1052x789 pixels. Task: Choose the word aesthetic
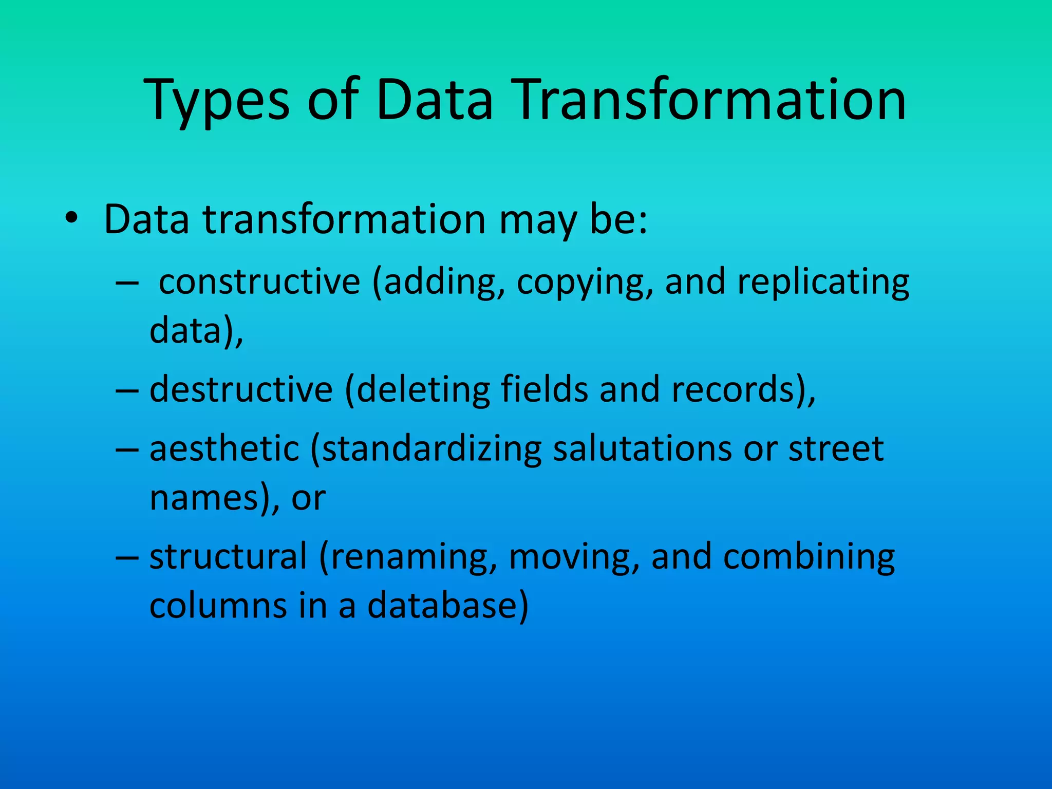pos(224,448)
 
